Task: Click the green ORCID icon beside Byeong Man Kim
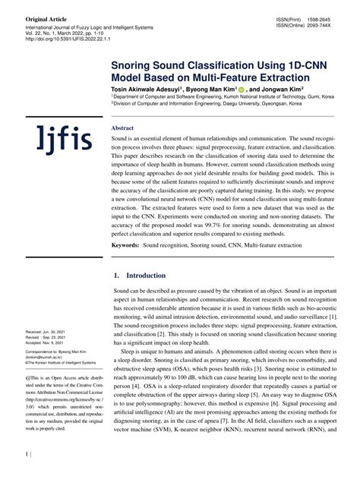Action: tap(242, 89)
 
